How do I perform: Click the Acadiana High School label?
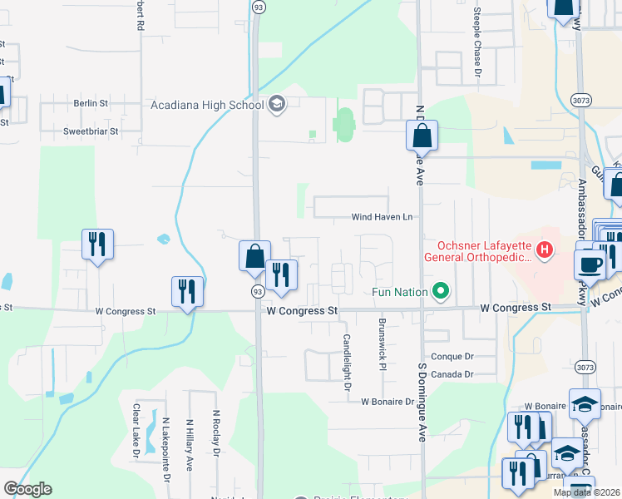206,105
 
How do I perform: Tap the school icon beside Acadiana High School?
277,104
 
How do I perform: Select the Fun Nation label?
399,292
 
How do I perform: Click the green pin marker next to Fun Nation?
442,291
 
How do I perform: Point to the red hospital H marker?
545,249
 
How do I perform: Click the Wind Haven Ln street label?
382,218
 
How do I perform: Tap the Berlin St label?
91,103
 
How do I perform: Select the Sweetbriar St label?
91,131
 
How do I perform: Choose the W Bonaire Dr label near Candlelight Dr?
387,402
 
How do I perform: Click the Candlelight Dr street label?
347,363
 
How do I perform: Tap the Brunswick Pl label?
382,345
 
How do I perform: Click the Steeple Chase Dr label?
477,42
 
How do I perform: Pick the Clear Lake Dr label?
136,431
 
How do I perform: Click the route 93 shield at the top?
259,6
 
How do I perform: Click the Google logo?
27,489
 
